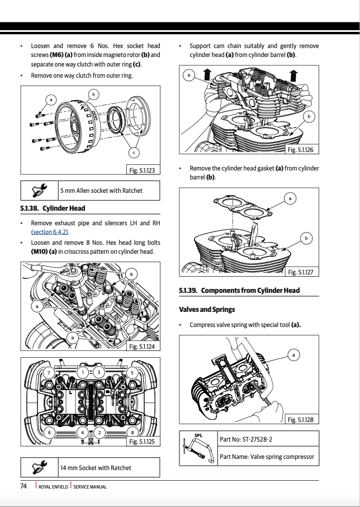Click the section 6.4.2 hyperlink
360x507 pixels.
[49, 232]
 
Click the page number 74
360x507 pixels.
[23, 486]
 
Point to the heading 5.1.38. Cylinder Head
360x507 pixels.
[53, 209]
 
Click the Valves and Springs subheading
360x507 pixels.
[207, 309]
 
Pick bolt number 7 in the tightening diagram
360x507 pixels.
[49, 372]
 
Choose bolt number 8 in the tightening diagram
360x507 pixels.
[132, 432]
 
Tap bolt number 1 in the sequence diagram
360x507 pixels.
[83, 372]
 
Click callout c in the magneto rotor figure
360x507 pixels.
[134, 152]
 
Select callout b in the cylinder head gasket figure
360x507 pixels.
[306, 239]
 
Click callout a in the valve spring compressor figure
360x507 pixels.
[294, 354]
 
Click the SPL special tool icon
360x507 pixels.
[198, 448]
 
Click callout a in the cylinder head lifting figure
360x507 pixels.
[189, 75]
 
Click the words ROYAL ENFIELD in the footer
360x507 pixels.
[54, 487]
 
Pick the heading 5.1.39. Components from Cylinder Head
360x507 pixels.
[239, 290]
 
